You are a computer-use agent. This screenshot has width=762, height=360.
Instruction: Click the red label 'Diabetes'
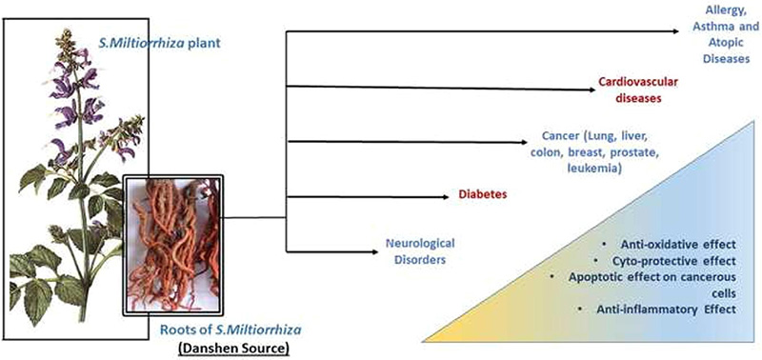[x=483, y=194]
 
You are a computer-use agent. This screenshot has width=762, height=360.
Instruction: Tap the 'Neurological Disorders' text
[x=420, y=250]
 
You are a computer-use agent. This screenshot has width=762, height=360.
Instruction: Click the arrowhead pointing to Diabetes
[x=446, y=197]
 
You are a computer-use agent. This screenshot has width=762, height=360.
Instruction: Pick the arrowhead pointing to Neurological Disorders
[x=374, y=251]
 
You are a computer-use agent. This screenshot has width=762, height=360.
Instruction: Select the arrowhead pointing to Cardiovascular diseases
[x=592, y=90]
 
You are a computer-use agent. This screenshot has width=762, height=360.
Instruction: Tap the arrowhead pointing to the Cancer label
[x=523, y=142]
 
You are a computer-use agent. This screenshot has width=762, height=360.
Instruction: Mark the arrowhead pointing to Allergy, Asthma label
[x=675, y=31]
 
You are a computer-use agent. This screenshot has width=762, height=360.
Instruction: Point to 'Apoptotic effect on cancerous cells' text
[x=652, y=285]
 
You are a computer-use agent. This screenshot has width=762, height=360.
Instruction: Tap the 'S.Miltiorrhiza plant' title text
[x=160, y=43]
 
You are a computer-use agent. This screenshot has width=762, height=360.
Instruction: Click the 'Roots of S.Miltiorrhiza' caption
[x=231, y=330]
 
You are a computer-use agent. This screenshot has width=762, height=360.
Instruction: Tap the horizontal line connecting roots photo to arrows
[x=254, y=218]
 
